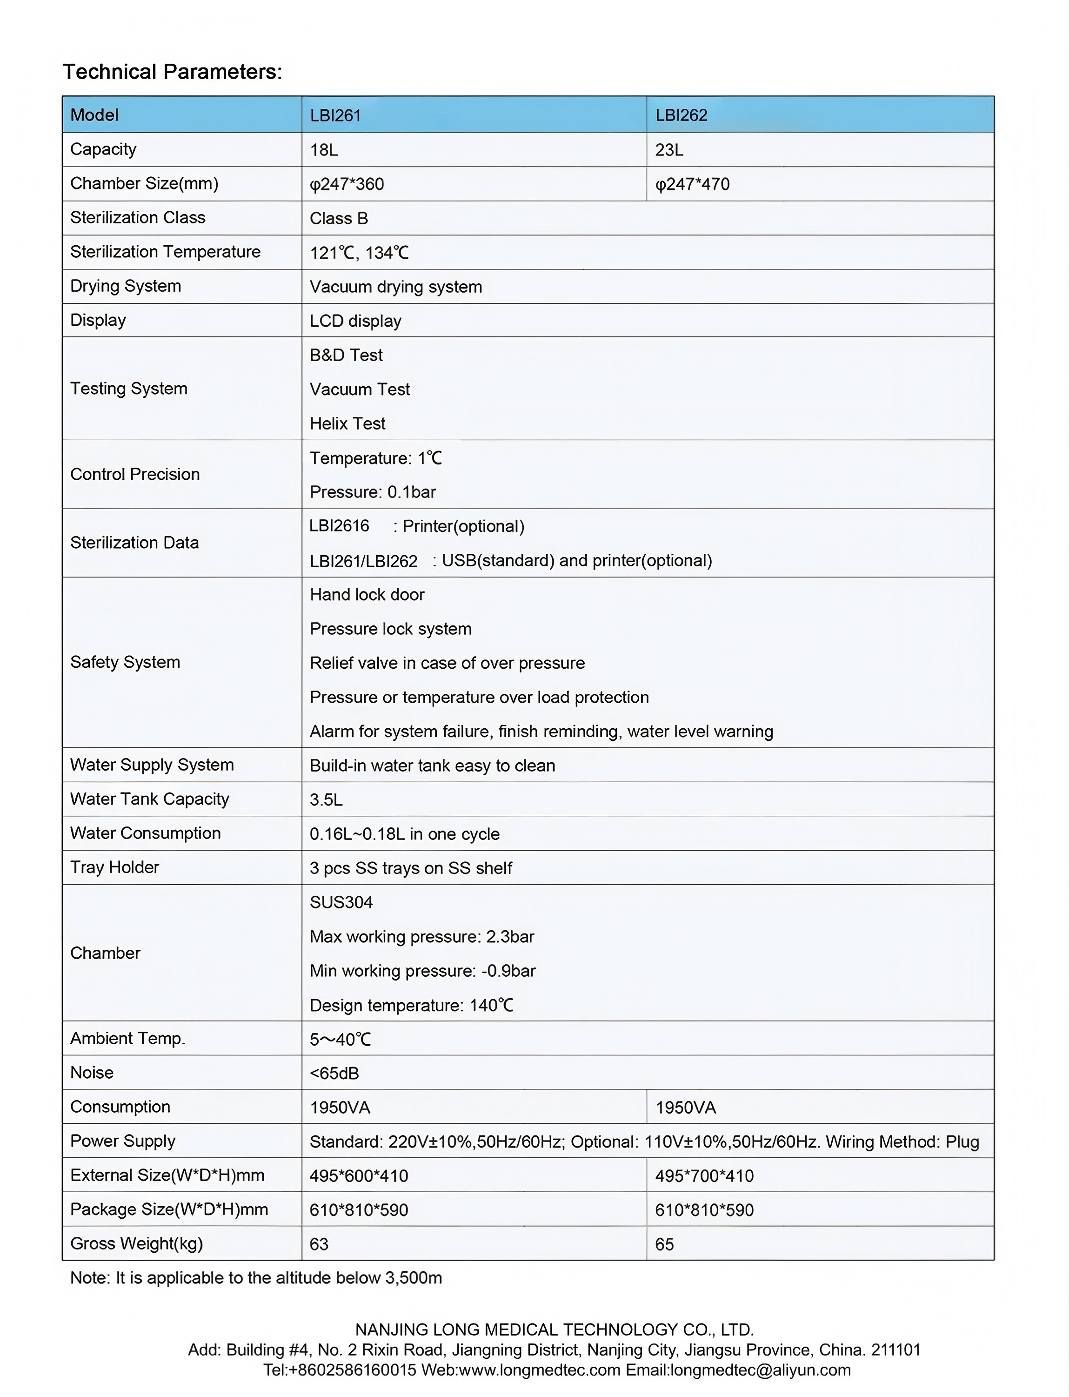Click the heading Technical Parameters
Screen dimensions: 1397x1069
[x=172, y=71]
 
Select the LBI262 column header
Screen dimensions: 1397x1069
[x=681, y=115]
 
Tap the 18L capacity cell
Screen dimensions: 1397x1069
[x=323, y=150]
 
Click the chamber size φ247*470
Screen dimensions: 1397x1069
[x=692, y=185]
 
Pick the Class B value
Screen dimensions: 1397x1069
[x=339, y=218]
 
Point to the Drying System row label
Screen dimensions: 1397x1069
[x=125, y=286]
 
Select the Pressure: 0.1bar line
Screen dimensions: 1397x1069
[x=372, y=492]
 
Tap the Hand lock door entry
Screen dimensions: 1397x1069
[x=367, y=594]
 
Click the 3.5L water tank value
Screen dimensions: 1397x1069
[x=326, y=800]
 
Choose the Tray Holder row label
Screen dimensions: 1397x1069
[x=114, y=867]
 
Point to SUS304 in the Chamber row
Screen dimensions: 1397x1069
[x=341, y=902]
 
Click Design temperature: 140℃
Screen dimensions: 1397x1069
[x=411, y=1006]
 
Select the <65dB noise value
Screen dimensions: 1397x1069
[x=334, y=1074]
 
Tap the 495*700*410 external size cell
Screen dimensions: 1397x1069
[x=704, y=1176]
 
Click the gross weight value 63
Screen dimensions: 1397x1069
[x=319, y=1244]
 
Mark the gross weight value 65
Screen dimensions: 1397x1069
[x=664, y=1244]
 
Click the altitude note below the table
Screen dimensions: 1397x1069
[x=256, y=1278]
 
